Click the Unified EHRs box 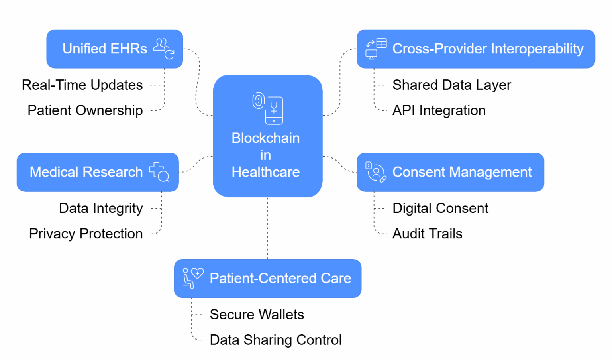click(114, 49)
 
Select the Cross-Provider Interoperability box click(475, 49)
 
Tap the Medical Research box click(98, 172)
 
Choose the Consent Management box click(450, 172)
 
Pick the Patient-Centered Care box click(267, 278)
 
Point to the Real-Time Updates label click(82, 85)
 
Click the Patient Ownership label click(85, 110)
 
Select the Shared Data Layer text click(451, 85)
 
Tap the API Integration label click(439, 110)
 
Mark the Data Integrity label click(101, 208)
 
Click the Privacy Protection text click(86, 234)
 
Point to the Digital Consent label click(440, 208)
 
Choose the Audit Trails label click(427, 234)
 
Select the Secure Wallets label click(257, 315)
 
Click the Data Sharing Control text click(275, 340)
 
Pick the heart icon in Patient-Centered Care click(197, 273)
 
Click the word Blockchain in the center click(265, 138)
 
